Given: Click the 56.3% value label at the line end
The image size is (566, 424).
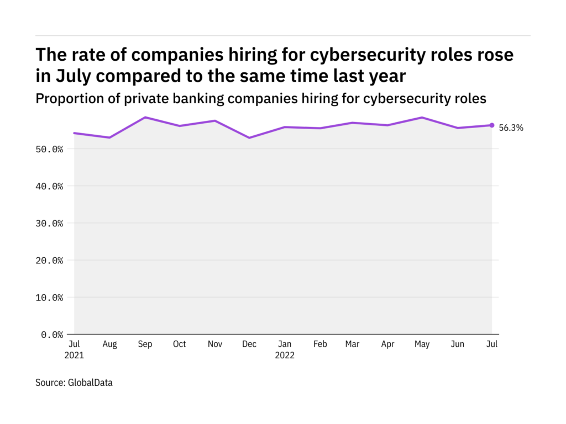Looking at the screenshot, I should coord(511,128).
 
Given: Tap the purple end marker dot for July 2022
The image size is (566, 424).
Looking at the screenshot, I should coord(491,125).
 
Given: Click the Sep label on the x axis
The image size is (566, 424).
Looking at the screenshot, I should coord(145,344).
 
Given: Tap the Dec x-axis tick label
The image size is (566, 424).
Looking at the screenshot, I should coord(249,344).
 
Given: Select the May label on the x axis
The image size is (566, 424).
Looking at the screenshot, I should coord(422,344).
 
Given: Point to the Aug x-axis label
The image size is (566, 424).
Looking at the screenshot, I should coord(110,344).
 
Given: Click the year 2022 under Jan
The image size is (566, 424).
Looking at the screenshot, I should coord(285,356).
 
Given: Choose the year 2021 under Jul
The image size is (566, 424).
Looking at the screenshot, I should coord(75,356).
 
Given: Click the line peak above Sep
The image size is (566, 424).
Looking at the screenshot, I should coord(145,118).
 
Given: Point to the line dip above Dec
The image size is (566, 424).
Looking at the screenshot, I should coord(249,137).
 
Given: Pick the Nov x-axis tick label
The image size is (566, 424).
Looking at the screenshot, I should coord(214,344).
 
